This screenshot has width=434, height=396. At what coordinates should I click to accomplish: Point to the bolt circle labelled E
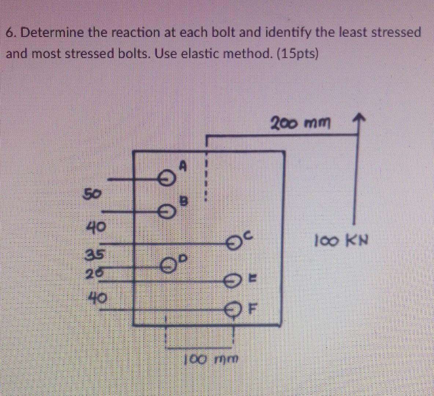(233, 282)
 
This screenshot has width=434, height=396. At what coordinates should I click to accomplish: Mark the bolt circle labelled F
(234, 309)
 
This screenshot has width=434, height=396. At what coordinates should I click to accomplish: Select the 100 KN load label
(341, 242)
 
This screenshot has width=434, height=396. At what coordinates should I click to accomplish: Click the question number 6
(10, 34)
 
